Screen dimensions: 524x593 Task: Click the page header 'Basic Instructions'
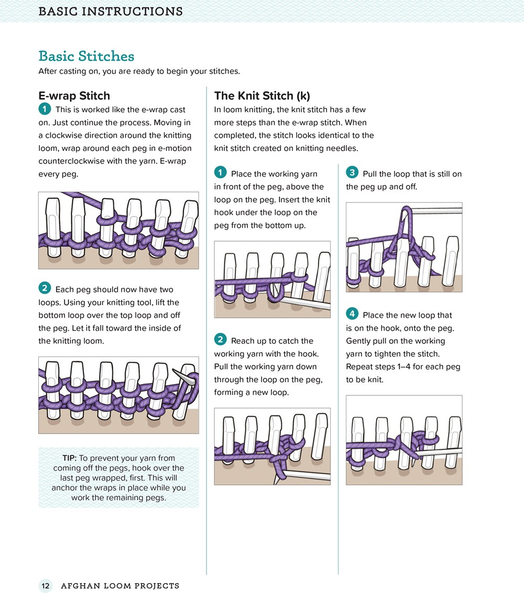coord(111,12)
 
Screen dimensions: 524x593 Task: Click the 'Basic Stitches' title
coord(86,56)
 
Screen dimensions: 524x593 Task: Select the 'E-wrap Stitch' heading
coord(74,95)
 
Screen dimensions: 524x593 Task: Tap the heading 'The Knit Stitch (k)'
coord(262,95)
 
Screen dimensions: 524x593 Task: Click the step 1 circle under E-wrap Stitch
coord(45,109)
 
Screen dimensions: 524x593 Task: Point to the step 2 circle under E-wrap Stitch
coord(45,288)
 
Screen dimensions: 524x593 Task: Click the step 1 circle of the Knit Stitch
coord(220,173)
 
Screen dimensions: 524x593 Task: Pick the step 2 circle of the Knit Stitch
coord(220,340)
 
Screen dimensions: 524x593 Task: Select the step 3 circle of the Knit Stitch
coord(352,173)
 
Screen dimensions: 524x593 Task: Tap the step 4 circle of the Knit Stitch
coord(352,314)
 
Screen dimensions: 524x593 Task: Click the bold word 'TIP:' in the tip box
coord(70,458)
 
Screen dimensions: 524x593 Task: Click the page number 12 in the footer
coord(46,586)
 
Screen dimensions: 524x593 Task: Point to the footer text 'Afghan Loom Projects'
coord(120,586)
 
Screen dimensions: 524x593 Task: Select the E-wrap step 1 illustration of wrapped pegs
coord(118,230)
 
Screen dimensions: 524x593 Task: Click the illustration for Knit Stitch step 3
coord(404,247)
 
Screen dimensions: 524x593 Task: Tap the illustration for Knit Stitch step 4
coord(404,440)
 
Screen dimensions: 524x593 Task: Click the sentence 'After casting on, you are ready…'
coord(139,71)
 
